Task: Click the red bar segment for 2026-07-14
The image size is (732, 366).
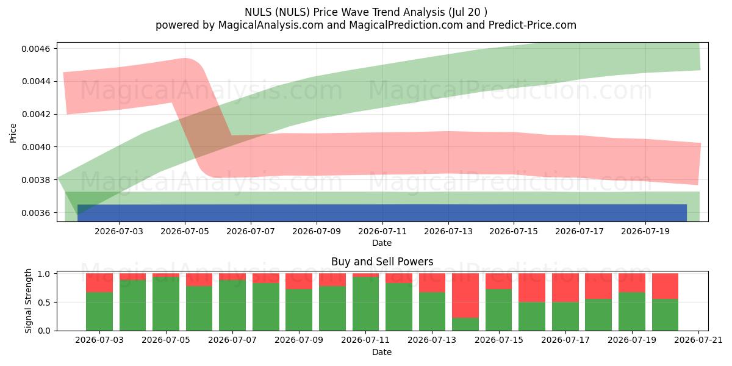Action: (x=465, y=295)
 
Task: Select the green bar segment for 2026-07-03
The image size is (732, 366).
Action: (x=99, y=312)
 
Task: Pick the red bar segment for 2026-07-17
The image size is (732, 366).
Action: (x=565, y=288)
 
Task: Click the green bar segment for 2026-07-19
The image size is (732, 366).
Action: (x=632, y=312)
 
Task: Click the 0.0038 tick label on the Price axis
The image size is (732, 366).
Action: (x=36, y=181)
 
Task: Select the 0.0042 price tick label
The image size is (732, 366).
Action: (x=36, y=115)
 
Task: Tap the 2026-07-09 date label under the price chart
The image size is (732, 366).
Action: (x=317, y=231)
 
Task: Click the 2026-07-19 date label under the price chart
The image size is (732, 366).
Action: (x=645, y=231)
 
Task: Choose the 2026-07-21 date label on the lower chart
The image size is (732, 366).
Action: (x=698, y=340)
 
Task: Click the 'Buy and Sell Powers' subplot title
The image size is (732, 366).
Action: (x=382, y=262)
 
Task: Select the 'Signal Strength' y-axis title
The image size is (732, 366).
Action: (x=29, y=301)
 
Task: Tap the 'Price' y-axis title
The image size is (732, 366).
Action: (x=13, y=133)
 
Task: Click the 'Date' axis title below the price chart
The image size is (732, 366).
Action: (x=382, y=243)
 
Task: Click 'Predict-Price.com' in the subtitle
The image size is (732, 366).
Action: (x=533, y=25)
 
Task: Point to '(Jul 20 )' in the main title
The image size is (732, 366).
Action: (x=468, y=12)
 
